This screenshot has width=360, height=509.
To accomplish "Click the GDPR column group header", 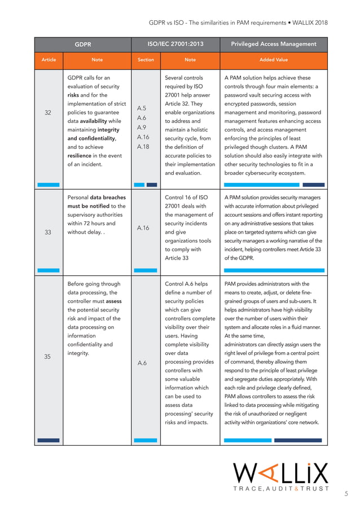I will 83,44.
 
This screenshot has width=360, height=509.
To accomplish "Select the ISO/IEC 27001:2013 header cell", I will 175,44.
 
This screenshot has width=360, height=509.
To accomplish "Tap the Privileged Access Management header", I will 274,44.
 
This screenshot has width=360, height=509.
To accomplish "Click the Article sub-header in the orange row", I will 49,59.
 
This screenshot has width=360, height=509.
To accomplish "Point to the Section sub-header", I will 146,59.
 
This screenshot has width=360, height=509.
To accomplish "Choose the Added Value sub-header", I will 274,59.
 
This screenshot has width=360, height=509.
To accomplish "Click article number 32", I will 49,112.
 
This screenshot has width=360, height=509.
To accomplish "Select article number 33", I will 49,230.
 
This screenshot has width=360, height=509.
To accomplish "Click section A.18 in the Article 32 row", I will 143,147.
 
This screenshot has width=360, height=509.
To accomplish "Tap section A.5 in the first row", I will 142,107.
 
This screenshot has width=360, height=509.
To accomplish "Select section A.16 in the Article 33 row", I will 143,228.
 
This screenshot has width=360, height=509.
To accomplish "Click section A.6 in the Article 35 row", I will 142,362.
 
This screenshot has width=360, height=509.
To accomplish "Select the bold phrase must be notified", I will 89,206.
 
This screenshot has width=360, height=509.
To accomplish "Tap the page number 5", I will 346,494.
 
